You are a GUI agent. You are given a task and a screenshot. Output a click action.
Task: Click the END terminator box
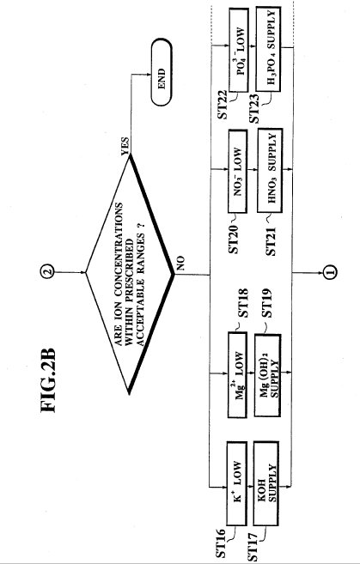pos(162,72)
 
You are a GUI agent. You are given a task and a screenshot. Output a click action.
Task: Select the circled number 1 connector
pos(330,273)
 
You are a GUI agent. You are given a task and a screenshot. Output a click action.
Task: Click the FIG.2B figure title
pos(48,380)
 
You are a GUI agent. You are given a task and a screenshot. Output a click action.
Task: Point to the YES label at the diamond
pos(125,146)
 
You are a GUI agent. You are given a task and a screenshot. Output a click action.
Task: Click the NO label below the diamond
pos(180,263)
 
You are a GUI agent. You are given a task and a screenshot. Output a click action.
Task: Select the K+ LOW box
pos(237,482)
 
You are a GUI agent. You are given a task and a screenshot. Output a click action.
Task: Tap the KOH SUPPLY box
pos(266,482)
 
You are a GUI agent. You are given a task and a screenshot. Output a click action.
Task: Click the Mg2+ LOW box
pos(238,374)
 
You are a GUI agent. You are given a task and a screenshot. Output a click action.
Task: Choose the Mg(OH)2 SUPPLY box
pos(268,375)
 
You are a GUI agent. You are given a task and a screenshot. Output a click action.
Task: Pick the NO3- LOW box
pos(238,171)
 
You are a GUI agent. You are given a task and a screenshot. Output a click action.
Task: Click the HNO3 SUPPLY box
pos(270,170)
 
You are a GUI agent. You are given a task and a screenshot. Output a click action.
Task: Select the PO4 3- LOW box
pos(238,50)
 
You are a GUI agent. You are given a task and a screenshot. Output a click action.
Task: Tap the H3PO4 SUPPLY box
pos(268,49)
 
